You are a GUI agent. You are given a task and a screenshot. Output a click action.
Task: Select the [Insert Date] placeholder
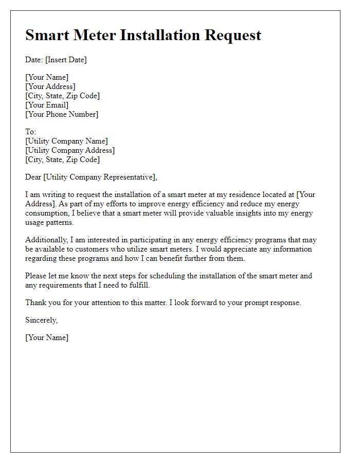[66, 60]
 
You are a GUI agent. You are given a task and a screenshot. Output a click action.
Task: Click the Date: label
[34, 60]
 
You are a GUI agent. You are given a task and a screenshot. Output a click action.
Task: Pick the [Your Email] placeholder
[47, 105]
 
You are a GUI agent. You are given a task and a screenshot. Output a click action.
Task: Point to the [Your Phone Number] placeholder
[62, 114]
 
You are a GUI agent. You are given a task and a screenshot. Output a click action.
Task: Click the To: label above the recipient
[31, 132]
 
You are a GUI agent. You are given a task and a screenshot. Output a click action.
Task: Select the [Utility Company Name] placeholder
[66, 141]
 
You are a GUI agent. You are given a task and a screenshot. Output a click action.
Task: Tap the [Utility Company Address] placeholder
[70, 150]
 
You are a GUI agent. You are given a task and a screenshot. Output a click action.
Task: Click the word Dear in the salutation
[33, 177]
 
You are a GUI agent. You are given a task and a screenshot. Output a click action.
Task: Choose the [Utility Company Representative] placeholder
[100, 177]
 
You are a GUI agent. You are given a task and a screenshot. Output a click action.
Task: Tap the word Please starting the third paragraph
[36, 276]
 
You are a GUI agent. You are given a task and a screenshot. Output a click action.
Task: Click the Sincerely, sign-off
[42, 320]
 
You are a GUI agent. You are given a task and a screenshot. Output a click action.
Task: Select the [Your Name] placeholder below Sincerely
[47, 338]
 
